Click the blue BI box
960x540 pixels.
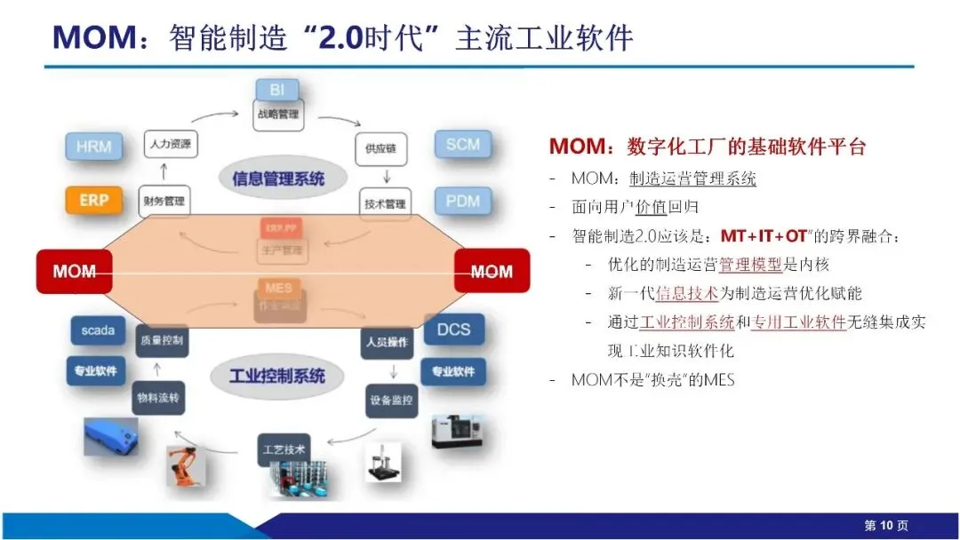coord(277,91)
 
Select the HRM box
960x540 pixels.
coord(93,146)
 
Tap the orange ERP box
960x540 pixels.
coord(93,200)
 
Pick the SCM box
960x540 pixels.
coord(462,144)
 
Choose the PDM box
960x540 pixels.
coord(462,201)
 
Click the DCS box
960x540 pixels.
coord(453,330)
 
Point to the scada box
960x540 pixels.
coord(98,330)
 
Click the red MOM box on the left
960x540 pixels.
coord(74,271)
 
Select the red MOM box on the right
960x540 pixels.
coord(492,271)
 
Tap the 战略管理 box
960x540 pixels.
coord(279,115)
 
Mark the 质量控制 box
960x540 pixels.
coord(162,340)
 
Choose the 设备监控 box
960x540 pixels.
coord(391,400)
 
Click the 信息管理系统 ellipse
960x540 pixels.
coord(278,177)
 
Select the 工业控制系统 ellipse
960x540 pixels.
coord(277,375)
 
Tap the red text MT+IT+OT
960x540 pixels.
coord(764,236)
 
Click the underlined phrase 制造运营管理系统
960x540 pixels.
coord(692,179)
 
